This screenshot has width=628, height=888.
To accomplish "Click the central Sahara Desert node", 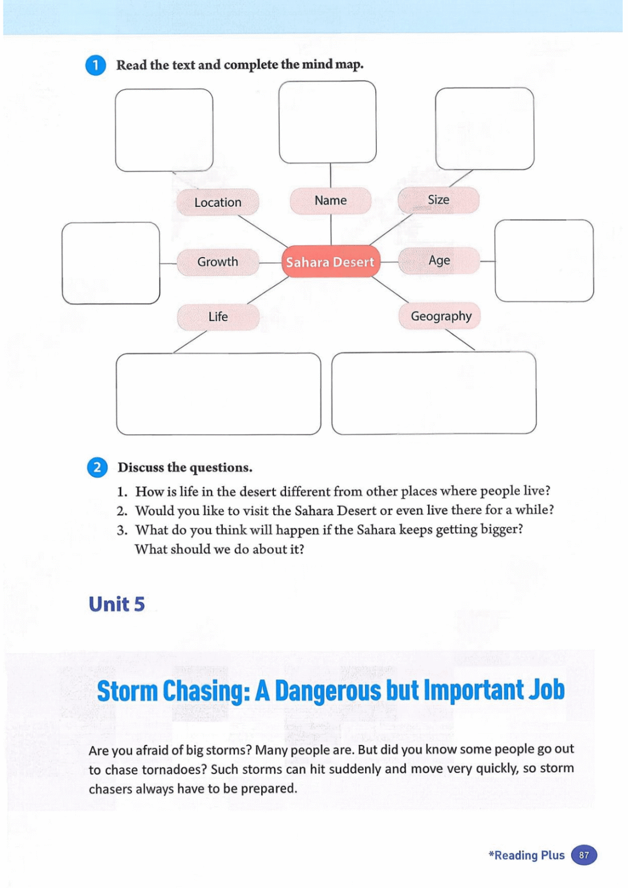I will click(330, 262).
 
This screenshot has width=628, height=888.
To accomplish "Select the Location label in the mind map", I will click(217, 202).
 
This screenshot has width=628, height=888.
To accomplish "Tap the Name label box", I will click(330, 201).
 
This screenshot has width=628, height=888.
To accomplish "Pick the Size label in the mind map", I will click(438, 200).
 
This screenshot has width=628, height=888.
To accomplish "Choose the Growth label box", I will click(217, 262).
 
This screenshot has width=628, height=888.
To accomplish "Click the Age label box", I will click(439, 261).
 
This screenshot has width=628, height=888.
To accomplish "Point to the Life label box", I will click(218, 317).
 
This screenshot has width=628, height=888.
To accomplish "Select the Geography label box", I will click(440, 316).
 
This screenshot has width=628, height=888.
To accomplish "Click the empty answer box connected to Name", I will click(327, 122).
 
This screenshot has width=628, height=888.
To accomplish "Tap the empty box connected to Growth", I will click(110, 263).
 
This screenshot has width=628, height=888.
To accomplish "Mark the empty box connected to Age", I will click(544, 261).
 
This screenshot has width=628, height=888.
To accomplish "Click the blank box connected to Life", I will click(218, 394).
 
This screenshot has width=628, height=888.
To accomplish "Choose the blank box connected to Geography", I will click(434, 393).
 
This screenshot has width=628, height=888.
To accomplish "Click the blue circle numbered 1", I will click(96, 65).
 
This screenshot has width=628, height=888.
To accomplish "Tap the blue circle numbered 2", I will click(97, 468).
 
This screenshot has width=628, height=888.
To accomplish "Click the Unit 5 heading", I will click(116, 604).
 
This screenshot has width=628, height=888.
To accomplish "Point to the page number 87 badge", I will click(584, 855).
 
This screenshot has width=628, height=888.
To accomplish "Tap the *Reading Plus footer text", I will click(527, 855).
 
